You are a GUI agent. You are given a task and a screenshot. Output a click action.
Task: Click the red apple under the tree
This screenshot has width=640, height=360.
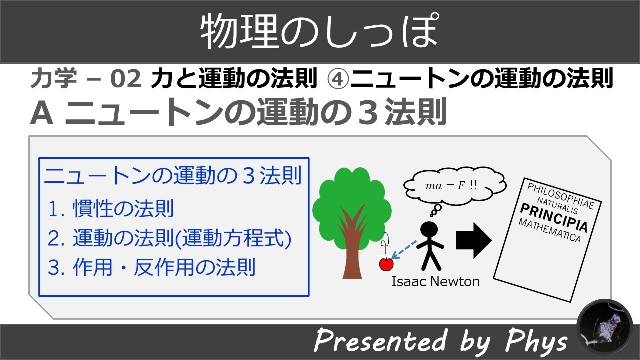(x=386, y=264)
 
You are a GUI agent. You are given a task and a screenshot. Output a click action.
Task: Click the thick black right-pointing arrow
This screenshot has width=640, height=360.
(x=473, y=240)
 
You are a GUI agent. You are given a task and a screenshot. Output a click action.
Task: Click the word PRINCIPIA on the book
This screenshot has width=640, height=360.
(x=553, y=218)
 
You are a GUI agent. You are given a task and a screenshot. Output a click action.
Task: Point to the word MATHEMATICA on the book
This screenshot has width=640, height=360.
(x=550, y=230)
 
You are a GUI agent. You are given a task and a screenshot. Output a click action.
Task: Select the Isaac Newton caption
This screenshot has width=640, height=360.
(x=435, y=282)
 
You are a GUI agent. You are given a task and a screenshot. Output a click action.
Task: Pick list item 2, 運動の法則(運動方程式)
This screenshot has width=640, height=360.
(x=169, y=238)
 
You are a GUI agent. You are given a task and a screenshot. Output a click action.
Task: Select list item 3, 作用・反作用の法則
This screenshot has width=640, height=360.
(x=151, y=267)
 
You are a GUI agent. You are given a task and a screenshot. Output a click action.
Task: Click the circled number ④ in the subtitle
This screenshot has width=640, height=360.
(x=338, y=79)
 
